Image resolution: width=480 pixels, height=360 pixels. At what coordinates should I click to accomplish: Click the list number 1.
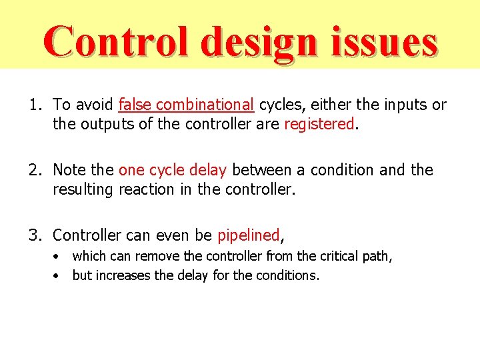tap(33, 105)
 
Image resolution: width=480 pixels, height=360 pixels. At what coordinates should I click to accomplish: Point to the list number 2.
tap(33, 170)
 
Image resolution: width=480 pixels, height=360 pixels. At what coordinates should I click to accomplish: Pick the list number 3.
tap(33, 235)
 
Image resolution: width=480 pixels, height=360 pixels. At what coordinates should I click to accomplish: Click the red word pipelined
tap(248, 235)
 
